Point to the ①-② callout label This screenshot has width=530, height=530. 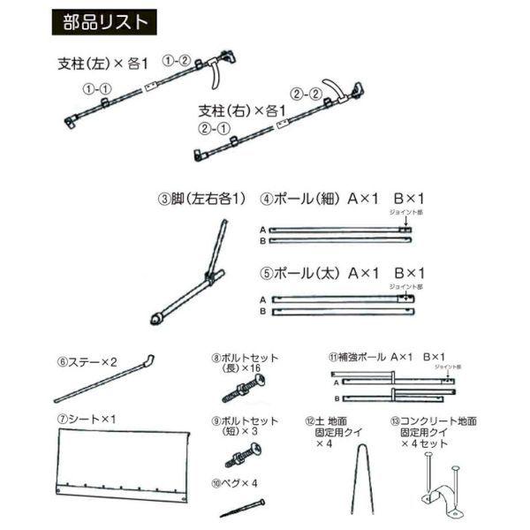coord(177,61)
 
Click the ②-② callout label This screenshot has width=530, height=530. coord(303,90)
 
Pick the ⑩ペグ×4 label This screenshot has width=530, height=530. coord(233,483)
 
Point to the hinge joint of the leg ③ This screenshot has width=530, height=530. coord(210,282)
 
